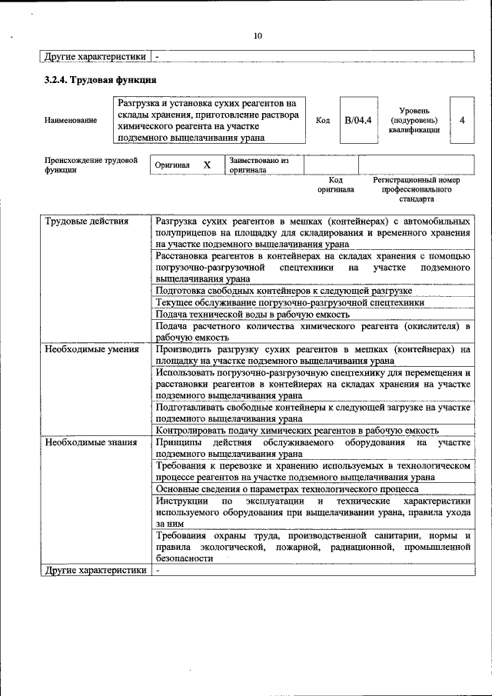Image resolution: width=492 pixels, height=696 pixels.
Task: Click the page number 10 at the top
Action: click(258, 35)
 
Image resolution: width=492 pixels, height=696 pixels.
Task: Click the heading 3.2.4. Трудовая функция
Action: click(100, 80)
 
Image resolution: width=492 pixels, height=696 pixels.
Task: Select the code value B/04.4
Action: click(357, 120)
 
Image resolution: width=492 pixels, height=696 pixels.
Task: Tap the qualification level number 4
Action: click(461, 120)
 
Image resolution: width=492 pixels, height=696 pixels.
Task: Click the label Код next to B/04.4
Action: click(323, 120)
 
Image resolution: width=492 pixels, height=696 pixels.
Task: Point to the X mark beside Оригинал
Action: click(207, 165)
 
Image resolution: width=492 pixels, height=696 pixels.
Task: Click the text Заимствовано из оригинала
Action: click(258, 165)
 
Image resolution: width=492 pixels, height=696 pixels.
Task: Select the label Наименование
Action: click(71, 120)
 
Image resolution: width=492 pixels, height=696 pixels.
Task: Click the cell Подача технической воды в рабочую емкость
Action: click(253, 314)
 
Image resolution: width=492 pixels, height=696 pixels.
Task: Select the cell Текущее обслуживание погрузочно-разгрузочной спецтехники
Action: click(289, 302)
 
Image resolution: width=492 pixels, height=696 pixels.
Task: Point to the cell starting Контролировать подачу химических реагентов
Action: click(297, 431)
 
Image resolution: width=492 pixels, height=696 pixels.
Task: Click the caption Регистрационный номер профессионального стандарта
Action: click(416, 188)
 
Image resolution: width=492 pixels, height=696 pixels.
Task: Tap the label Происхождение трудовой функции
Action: click(91, 165)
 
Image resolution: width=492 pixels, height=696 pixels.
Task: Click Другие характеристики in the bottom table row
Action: click(95, 570)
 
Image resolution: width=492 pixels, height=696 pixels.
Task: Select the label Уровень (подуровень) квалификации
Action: click(414, 120)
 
